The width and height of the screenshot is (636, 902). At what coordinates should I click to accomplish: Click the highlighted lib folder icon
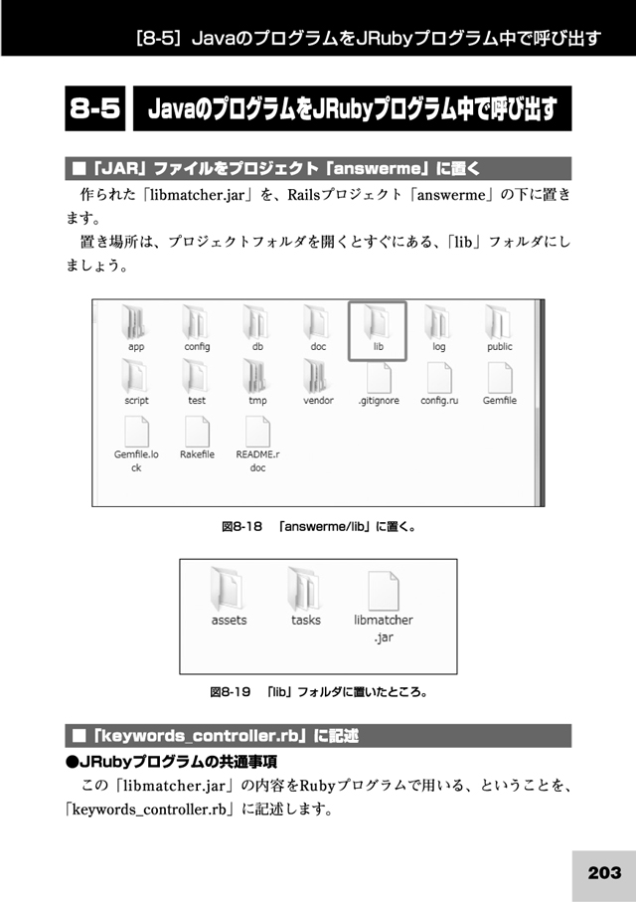[x=378, y=323]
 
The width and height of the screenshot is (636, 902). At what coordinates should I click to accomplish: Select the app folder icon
[x=136, y=322]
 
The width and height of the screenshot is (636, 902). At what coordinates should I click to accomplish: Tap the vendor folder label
[x=318, y=401]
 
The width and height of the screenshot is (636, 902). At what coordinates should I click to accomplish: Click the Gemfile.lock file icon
[x=136, y=432]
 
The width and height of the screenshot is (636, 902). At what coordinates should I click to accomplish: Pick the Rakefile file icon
[x=197, y=432]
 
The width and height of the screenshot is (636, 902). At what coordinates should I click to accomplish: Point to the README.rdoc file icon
[x=257, y=432]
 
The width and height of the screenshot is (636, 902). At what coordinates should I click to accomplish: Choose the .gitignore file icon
[x=379, y=377]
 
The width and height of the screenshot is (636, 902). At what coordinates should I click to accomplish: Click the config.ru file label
[x=439, y=401]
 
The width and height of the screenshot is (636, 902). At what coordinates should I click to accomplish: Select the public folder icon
[x=499, y=322]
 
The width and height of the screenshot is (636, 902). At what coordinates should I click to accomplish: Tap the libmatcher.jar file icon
[x=383, y=590]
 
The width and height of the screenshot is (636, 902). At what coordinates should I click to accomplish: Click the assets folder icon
[x=229, y=589]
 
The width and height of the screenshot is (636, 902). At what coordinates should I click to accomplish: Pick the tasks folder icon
[x=305, y=589]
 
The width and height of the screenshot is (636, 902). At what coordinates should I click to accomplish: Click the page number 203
[x=604, y=872]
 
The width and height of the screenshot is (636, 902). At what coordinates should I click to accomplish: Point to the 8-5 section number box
[x=94, y=108]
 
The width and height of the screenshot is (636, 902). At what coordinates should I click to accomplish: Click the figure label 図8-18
[x=242, y=526]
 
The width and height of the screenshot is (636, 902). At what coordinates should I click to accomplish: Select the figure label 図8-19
[x=231, y=691]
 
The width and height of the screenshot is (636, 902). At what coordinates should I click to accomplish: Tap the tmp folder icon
[x=256, y=376]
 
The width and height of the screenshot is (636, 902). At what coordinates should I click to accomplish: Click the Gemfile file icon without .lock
[x=500, y=377]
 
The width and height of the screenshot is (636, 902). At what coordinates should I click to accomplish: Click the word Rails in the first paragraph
[x=304, y=195]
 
